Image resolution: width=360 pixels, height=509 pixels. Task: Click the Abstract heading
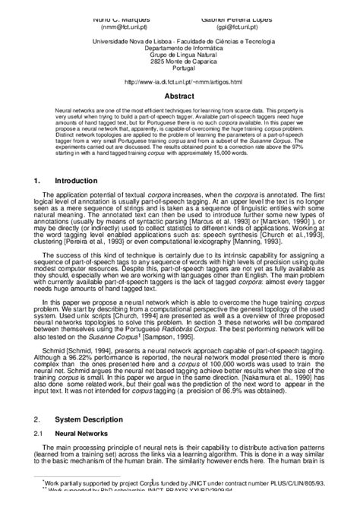(x=180, y=96)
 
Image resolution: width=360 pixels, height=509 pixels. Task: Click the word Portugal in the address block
(x=180, y=68)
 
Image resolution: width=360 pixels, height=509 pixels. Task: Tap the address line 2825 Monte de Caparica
(x=180, y=61)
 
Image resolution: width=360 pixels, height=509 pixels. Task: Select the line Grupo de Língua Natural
(x=180, y=55)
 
